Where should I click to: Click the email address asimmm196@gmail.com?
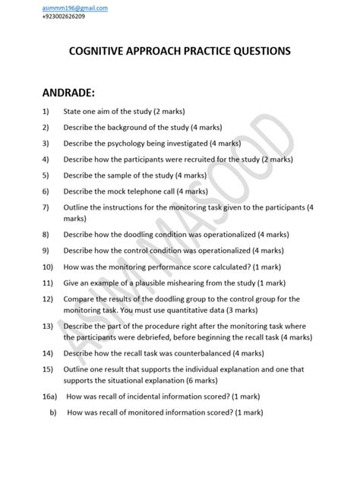click(75, 7)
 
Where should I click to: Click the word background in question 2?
click(141, 128)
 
